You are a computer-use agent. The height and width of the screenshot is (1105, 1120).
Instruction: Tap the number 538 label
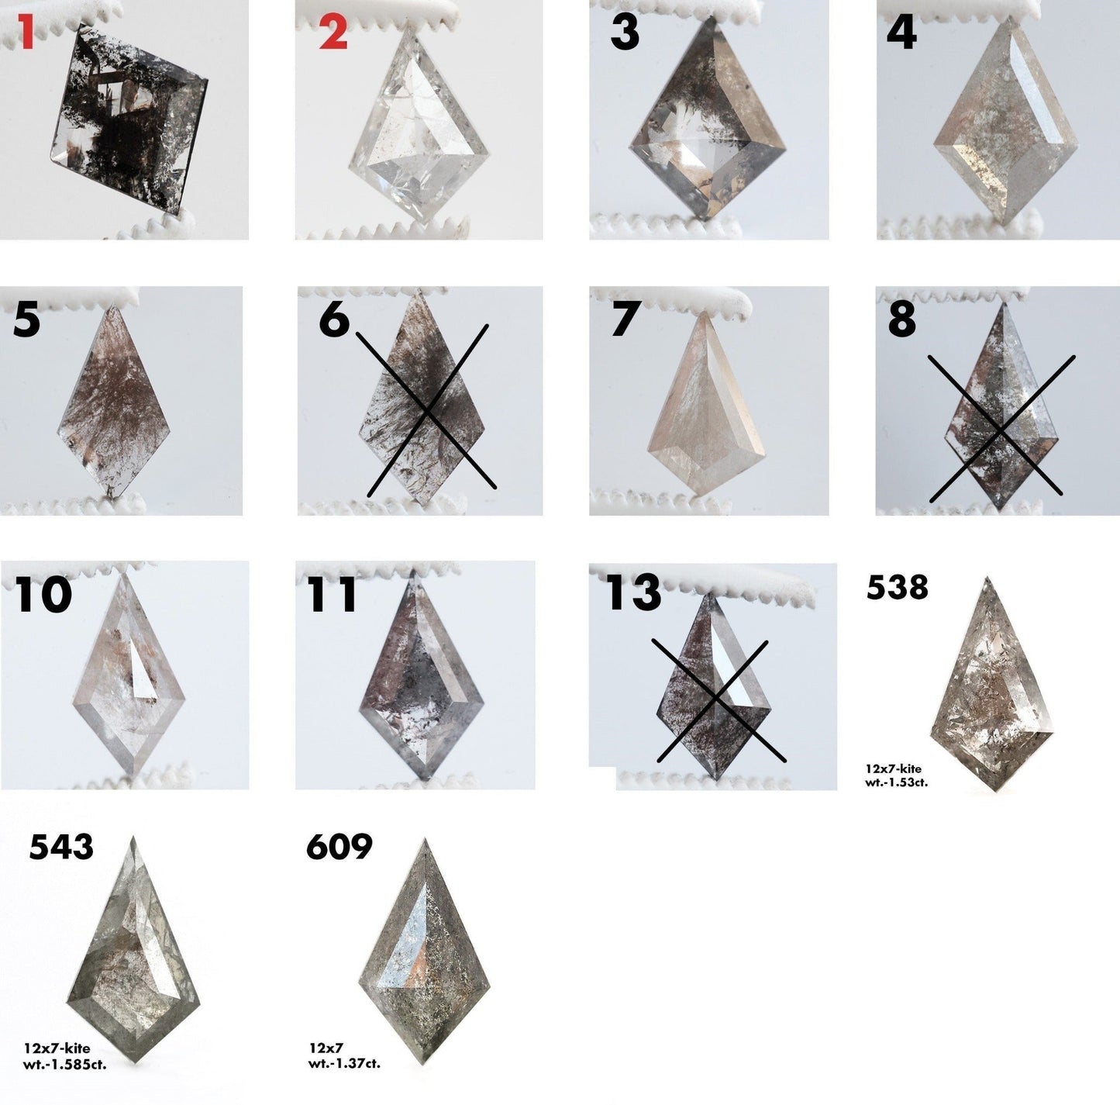pos(897,588)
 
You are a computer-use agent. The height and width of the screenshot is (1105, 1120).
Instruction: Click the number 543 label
pos(61,846)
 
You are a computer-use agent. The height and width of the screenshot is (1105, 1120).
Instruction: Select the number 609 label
pos(339,846)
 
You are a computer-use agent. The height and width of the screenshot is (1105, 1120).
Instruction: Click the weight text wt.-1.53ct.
pos(896,782)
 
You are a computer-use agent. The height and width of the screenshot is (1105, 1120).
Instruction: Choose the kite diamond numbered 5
pos(114,402)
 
